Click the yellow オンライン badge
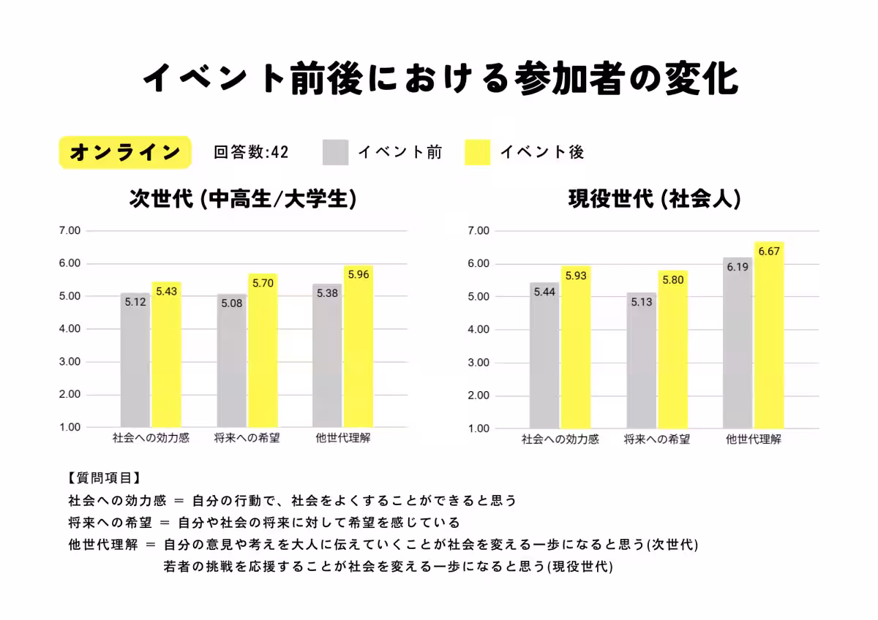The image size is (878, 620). pos(124,152)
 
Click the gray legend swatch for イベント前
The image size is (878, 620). pos(335,152)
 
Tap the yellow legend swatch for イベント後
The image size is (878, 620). pos(477,152)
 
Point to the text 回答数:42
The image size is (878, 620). pos(251,152)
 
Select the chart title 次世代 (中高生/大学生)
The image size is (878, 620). pos(243,199)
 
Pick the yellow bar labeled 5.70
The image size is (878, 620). pos(263,351)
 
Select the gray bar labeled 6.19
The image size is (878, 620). pos(737,343)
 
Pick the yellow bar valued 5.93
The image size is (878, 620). pos(576,347)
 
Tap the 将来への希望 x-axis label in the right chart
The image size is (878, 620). pos(656,440)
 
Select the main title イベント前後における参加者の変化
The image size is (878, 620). pos(439,79)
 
